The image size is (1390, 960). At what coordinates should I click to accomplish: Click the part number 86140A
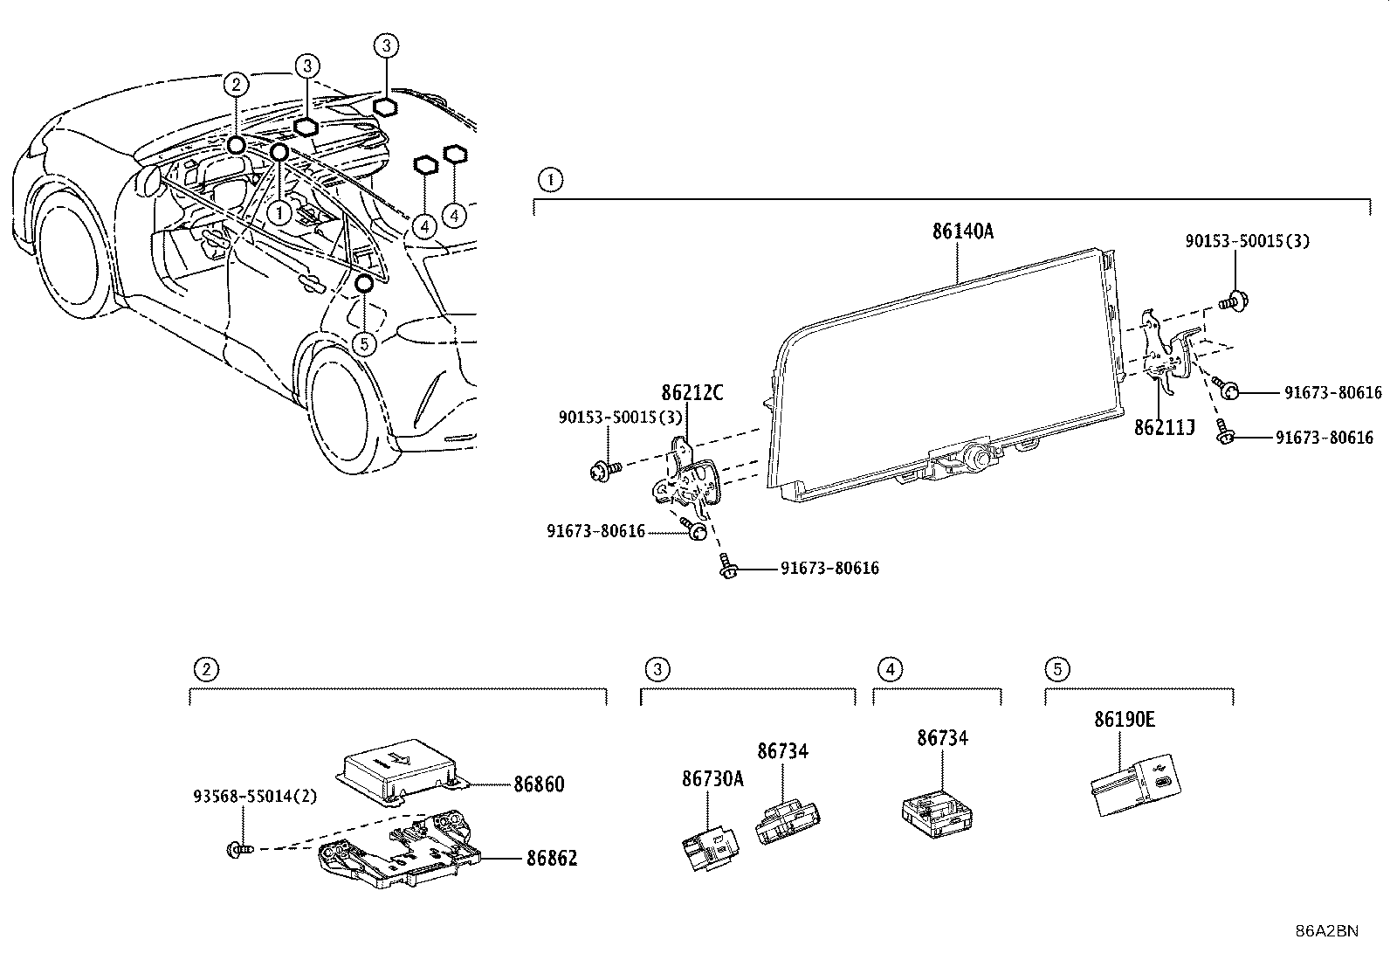[x=962, y=231]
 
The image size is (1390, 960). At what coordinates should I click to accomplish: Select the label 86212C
[x=692, y=392]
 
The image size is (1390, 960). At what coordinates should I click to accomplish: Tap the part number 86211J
[x=1164, y=427]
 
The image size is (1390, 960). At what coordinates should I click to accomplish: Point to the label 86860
[x=539, y=784]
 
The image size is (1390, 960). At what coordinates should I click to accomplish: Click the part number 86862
[x=552, y=858]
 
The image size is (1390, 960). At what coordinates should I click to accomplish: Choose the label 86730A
[x=712, y=778]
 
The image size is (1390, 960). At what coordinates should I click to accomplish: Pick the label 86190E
[x=1125, y=719]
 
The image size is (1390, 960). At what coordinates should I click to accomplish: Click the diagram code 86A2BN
[x=1327, y=931]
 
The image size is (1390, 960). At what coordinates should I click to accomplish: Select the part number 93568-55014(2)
[x=255, y=796]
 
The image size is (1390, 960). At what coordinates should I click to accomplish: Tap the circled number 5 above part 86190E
[x=1057, y=669]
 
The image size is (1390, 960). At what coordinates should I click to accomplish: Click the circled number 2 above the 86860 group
[x=206, y=669]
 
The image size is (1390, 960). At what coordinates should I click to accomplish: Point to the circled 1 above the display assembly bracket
[x=550, y=181]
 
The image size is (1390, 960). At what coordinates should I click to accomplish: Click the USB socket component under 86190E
[x=1136, y=785]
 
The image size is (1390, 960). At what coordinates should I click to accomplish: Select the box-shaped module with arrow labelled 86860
[x=401, y=771]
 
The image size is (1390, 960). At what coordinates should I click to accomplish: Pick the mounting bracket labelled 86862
[x=400, y=849]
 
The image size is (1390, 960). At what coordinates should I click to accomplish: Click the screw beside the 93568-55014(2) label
[x=239, y=849]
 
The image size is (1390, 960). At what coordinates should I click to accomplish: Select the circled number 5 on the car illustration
[x=364, y=344]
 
